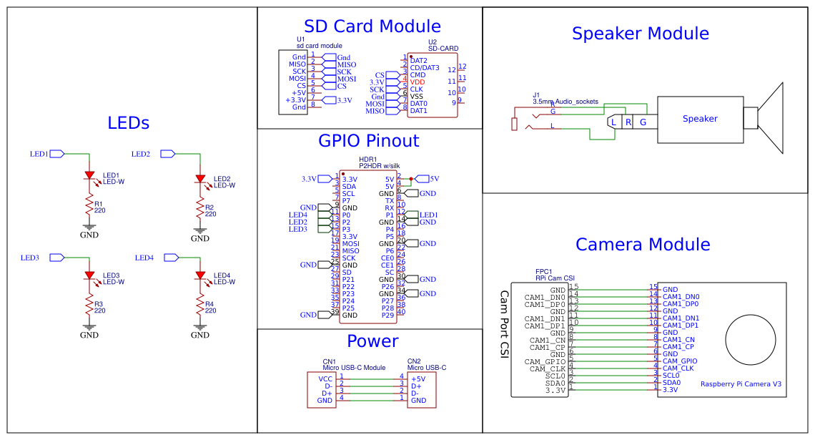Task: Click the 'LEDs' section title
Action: tap(129, 123)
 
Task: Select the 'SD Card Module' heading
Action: tap(372, 26)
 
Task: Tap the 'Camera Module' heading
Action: tap(642, 244)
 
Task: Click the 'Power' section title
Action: tap(372, 341)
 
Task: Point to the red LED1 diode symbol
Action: tap(89, 175)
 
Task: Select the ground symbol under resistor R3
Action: tap(89, 328)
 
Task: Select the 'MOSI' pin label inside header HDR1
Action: tap(350, 243)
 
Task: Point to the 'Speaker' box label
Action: tap(699, 119)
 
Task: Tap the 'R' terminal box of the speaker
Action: tap(628, 122)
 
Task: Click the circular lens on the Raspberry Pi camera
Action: tap(750, 340)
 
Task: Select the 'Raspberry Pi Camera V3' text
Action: tap(741, 384)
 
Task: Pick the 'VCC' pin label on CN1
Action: tap(325, 378)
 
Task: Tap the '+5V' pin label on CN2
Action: tap(418, 378)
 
